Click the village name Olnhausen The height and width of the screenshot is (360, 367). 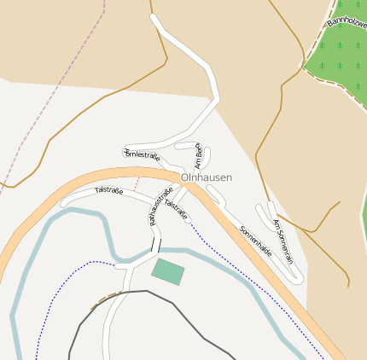point(206,177)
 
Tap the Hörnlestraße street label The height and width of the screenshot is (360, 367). point(142,154)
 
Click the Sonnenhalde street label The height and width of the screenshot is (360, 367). point(255,241)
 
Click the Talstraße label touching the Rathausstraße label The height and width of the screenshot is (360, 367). point(176,209)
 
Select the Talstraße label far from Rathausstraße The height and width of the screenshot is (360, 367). point(108,190)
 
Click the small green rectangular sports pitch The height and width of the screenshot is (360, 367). point(168,272)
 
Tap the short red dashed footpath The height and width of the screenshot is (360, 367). point(135,184)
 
